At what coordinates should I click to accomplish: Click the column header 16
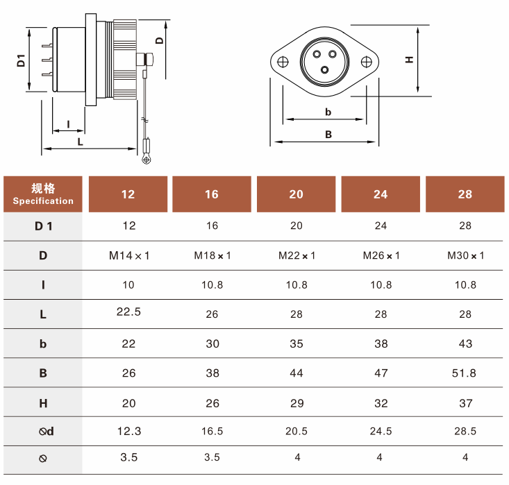[212, 194]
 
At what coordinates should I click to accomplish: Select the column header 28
[465, 194]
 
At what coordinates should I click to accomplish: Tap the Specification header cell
[43, 194]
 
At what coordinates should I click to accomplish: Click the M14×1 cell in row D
[129, 255]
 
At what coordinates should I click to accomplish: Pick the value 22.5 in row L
[128, 312]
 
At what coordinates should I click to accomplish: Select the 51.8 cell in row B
[464, 373]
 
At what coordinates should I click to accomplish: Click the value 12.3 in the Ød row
[129, 431]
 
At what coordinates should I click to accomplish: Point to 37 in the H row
[465, 403]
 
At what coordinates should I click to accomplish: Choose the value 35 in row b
[297, 343]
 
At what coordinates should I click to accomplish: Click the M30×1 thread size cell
[465, 255]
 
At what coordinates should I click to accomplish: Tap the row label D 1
[43, 226]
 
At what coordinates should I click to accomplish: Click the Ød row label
[46, 431]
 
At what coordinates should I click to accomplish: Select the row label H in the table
[43, 403]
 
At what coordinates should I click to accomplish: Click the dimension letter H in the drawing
[409, 60]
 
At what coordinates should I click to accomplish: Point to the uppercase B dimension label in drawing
[328, 135]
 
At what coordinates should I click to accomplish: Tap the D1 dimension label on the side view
[21, 60]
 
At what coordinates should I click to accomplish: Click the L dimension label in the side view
[80, 142]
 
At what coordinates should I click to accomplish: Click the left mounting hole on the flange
[283, 62]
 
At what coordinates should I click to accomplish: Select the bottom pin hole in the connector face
[324, 70]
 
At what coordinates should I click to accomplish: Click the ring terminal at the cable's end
[147, 160]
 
